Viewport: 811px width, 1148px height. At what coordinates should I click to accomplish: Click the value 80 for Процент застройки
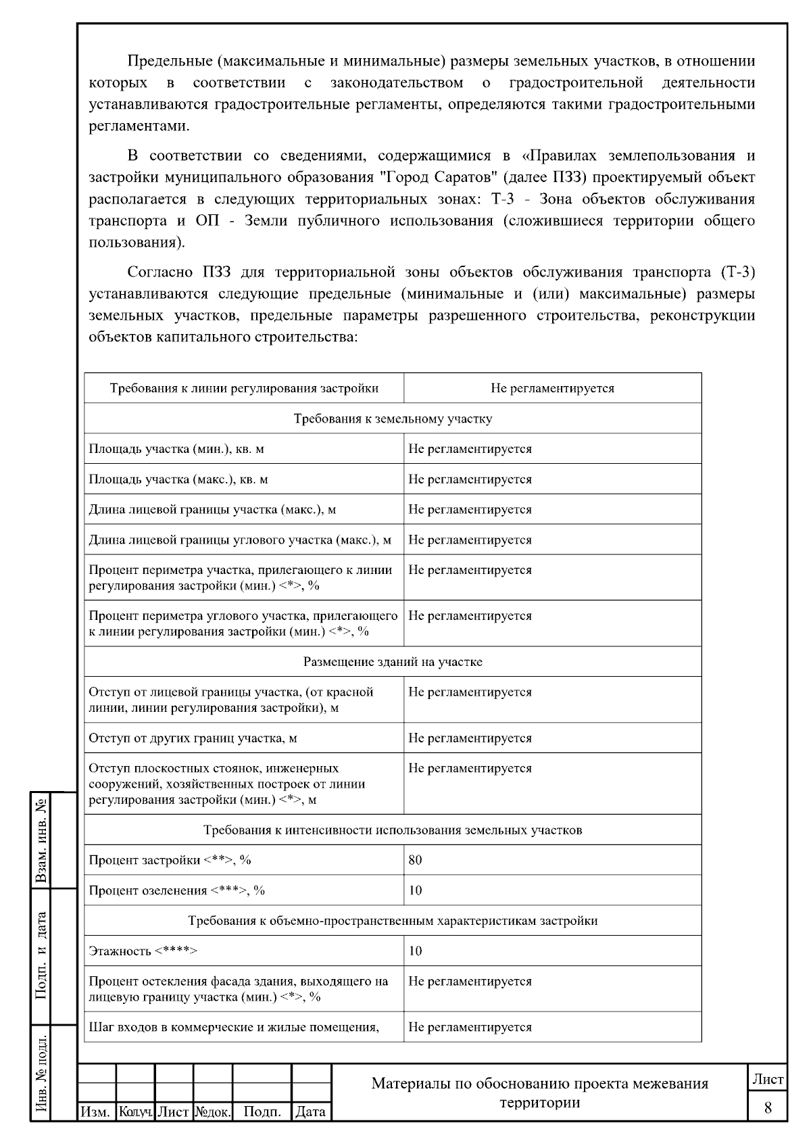tap(415, 860)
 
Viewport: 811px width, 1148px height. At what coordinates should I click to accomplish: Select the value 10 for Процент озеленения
tap(415, 890)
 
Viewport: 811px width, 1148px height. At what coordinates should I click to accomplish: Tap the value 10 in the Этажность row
tap(415, 951)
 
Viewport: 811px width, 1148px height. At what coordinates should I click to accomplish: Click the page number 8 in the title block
tap(768, 1107)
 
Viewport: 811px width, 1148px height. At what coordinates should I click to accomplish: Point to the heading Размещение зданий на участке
tap(393, 662)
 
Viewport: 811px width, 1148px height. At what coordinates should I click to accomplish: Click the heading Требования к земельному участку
tap(393, 418)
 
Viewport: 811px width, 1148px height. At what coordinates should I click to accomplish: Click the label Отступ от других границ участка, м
tap(193, 738)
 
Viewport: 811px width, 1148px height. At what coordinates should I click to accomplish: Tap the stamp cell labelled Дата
tap(311, 1111)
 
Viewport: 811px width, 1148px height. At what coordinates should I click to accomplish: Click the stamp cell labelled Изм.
tap(96, 1111)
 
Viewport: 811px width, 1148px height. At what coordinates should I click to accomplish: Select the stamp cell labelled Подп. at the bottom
tap(262, 1111)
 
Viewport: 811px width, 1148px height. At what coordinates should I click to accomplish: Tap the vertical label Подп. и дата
tap(42, 955)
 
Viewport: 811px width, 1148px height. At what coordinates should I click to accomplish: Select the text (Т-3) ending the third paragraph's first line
tap(738, 272)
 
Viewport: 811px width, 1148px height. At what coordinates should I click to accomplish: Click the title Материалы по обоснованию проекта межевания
tap(539, 1084)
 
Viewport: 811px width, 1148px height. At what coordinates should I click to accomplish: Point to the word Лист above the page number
tap(768, 1080)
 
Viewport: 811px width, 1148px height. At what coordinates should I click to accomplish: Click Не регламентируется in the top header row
tap(552, 388)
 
